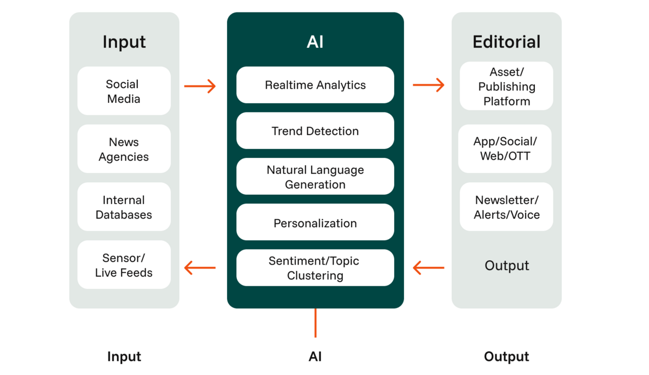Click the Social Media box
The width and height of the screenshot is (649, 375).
point(124,91)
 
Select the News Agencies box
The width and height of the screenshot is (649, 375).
point(124,149)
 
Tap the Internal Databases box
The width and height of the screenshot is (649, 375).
point(124,207)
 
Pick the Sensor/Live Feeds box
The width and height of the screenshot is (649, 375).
point(124,265)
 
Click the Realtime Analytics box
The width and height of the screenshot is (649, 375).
point(315,85)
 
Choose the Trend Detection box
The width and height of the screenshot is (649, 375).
point(315,131)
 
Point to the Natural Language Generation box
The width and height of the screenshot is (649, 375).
point(315,176)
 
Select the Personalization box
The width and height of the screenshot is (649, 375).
point(315,222)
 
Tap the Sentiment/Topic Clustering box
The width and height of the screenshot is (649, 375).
point(315,268)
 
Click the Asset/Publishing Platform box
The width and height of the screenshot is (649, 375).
point(506,87)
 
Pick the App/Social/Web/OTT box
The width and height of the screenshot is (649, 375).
point(505,149)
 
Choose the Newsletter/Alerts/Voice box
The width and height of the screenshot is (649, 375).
point(506,207)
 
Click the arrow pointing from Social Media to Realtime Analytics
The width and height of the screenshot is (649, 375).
point(200,86)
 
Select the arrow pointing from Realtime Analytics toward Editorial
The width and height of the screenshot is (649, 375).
point(428,85)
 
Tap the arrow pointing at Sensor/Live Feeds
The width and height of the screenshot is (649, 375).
point(200,267)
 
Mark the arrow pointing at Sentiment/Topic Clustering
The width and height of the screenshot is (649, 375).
point(428,267)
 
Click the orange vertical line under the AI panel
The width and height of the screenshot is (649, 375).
point(315,323)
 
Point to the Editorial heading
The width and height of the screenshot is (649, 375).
point(506,42)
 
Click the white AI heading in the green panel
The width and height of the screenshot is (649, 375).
point(315,42)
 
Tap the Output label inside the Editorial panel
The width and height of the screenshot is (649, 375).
point(506,265)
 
